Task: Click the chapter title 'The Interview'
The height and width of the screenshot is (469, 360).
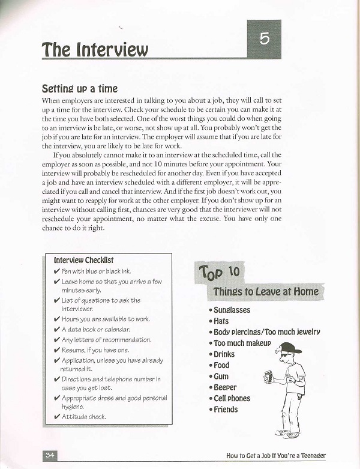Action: click(95, 50)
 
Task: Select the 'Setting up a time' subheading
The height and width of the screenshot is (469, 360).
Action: click(79, 88)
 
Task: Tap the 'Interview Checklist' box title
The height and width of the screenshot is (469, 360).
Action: click(83, 260)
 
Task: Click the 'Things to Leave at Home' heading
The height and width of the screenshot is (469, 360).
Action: click(266, 292)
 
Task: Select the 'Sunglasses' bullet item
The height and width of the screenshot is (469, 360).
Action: click(232, 310)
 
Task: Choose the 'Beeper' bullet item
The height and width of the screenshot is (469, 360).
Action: click(225, 387)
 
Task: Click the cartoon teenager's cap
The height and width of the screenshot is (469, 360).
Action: click(289, 348)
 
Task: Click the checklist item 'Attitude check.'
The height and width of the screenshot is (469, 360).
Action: click(83, 416)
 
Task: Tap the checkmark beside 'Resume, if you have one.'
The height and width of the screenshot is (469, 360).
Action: click(56, 350)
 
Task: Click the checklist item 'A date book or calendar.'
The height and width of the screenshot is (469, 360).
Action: click(96, 330)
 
